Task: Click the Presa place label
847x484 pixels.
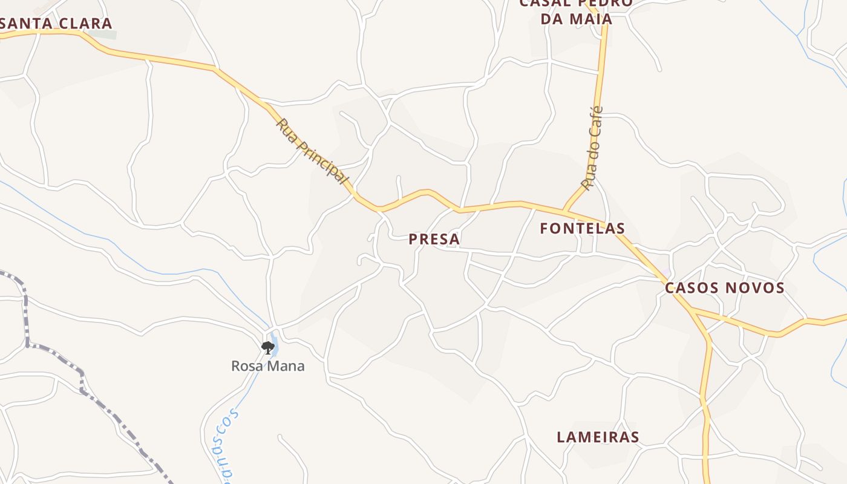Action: click(x=434, y=239)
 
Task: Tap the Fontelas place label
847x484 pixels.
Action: click(x=582, y=228)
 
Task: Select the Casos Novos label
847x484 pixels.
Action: click(x=724, y=288)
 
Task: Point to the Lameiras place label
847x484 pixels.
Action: click(x=598, y=437)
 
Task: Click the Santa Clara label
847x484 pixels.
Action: click(x=56, y=24)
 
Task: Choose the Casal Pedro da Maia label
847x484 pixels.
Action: click(x=576, y=11)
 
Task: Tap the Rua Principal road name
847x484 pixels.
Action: click(x=312, y=151)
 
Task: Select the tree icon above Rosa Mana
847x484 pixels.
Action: click(x=268, y=347)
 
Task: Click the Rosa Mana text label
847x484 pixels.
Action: click(x=267, y=366)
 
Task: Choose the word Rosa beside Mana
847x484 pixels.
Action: click(x=246, y=366)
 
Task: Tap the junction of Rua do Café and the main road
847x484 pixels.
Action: click(x=564, y=210)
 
